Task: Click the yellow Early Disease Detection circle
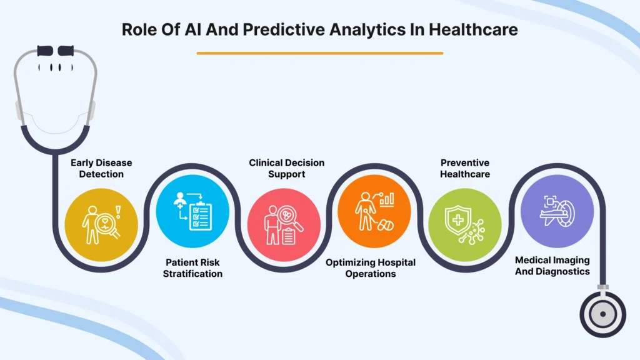[101, 225]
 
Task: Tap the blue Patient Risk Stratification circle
[192, 211]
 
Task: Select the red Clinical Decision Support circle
[284, 225]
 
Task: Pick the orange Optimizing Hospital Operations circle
[374, 211]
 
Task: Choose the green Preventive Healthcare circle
[465, 225]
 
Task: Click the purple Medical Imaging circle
[557, 211]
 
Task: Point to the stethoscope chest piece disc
[603, 314]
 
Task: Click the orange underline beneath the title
[320, 53]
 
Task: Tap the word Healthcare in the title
[473, 29]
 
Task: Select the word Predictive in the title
[284, 29]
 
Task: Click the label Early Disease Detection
[101, 168]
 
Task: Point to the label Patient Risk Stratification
[192, 267]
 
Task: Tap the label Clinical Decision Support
[286, 168]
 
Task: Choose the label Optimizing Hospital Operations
[371, 267]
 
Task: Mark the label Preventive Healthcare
[465, 168]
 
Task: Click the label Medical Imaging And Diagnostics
[552, 266]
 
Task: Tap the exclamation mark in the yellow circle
[118, 212]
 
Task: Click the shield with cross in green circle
[458, 221]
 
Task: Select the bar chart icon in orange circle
[386, 199]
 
